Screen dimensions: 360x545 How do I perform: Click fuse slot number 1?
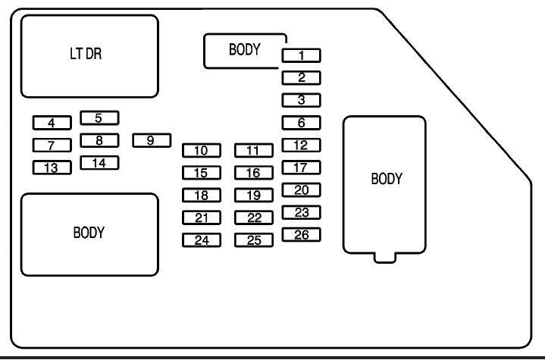301,55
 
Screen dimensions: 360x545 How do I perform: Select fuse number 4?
52,122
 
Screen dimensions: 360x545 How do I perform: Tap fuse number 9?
150,140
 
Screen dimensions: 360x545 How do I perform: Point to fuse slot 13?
52,167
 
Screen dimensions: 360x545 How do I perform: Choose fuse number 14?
99,162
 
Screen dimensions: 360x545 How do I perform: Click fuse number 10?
201,150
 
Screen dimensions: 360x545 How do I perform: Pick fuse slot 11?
253,150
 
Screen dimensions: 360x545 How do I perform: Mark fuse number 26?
301,235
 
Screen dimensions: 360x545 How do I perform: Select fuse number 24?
201,241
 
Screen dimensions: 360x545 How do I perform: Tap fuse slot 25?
253,241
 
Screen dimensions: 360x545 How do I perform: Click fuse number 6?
301,122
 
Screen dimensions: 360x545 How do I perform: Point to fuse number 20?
301,190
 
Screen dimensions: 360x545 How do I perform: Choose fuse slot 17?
301,167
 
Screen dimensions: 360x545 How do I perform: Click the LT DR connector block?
89,56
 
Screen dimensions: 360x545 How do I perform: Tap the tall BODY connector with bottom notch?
385,182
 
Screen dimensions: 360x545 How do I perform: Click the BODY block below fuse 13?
89,233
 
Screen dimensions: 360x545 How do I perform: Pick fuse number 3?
301,99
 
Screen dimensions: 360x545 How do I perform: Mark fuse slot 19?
253,196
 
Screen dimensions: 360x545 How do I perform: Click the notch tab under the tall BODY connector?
385,257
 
